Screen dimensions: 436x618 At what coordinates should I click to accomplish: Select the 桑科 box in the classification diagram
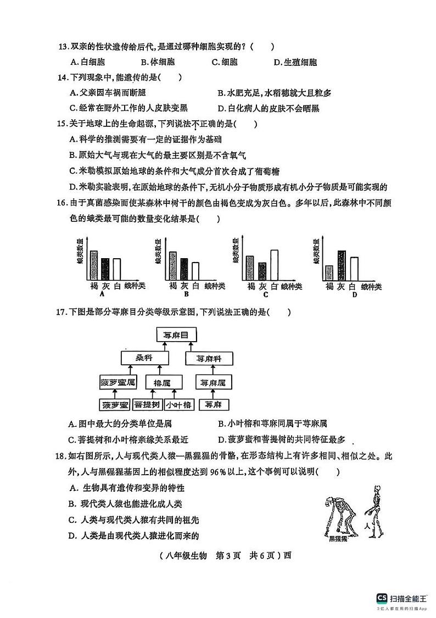click(x=144, y=358)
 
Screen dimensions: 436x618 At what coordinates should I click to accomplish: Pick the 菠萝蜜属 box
click(x=118, y=382)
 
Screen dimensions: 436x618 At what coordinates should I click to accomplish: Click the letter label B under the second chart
click(x=186, y=294)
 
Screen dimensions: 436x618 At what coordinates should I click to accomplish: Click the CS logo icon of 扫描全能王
click(x=381, y=598)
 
